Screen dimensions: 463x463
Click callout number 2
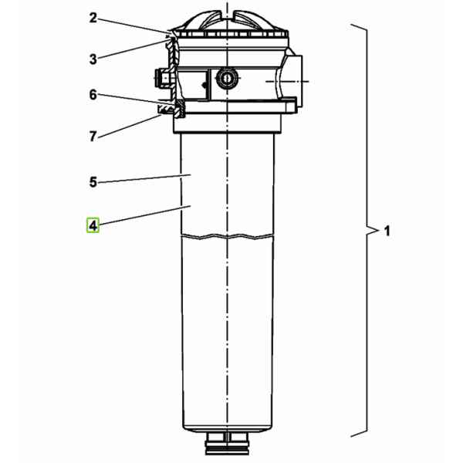point(93,18)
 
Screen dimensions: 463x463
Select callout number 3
point(93,59)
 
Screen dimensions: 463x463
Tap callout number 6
point(93,95)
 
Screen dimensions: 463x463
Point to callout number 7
point(93,137)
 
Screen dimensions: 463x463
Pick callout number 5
point(93,182)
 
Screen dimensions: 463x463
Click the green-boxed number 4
point(93,225)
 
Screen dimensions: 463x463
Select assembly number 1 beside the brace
point(387,231)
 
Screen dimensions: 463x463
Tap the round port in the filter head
point(227,78)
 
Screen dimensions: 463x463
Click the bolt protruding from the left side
point(163,78)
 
